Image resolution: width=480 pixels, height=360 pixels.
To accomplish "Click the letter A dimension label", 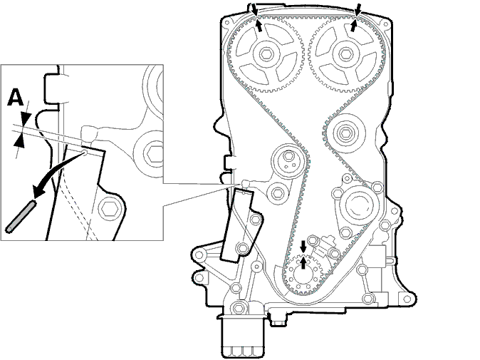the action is pyautogui.click(x=16, y=98).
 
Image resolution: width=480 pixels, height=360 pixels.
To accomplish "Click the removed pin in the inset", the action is pyautogui.click(x=21, y=215).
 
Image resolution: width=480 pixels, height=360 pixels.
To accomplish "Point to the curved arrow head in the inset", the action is pyautogui.click(x=39, y=191).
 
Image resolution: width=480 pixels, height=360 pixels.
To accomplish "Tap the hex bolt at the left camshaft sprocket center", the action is pyautogui.click(x=266, y=55).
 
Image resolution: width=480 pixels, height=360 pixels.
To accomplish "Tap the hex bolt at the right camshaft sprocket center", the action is pyautogui.click(x=346, y=54).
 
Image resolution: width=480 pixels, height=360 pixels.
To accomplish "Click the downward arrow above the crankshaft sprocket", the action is pyautogui.click(x=303, y=246).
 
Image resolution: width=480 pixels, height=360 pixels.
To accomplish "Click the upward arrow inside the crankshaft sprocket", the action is pyautogui.click(x=303, y=263).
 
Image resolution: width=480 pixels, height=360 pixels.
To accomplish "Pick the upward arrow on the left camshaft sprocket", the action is pyautogui.click(x=259, y=26).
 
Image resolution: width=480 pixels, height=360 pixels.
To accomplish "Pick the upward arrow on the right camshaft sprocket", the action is pyautogui.click(x=354, y=25).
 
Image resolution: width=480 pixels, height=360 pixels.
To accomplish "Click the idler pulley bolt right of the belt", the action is pyautogui.click(x=345, y=133).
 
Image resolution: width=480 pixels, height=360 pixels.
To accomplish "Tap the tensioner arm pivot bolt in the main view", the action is pyautogui.click(x=277, y=193).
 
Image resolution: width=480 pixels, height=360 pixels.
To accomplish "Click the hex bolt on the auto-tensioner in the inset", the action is pyautogui.click(x=108, y=210).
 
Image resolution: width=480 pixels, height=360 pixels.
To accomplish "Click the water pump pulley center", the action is pyautogui.click(x=359, y=205).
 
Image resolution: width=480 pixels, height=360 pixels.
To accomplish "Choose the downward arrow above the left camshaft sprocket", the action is pyautogui.click(x=255, y=9).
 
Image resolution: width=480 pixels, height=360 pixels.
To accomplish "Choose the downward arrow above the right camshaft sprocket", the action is pyautogui.click(x=358, y=9).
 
